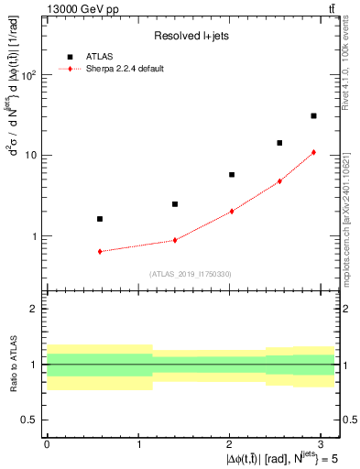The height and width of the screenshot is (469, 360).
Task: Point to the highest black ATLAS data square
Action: pyautogui.click(x=313, y=115)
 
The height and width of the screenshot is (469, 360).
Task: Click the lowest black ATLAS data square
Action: pyautogui.click(x=100, y=219)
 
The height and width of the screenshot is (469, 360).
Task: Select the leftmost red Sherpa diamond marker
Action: pyautogui.click(x=100, y=251)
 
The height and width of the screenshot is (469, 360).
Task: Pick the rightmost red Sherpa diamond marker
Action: pyautogui.click(x=313, y=152)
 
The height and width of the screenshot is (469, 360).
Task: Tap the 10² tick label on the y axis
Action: pyautogui.click(x=30, y=75)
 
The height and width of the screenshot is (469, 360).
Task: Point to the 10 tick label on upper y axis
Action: pyautogui.click(x=33, y=156)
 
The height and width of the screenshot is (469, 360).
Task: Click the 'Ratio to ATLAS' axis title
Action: pyautogui.click(x=12, y=364)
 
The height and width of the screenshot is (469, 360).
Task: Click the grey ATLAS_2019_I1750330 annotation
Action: pyautogui.click(x=190, y=274)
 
